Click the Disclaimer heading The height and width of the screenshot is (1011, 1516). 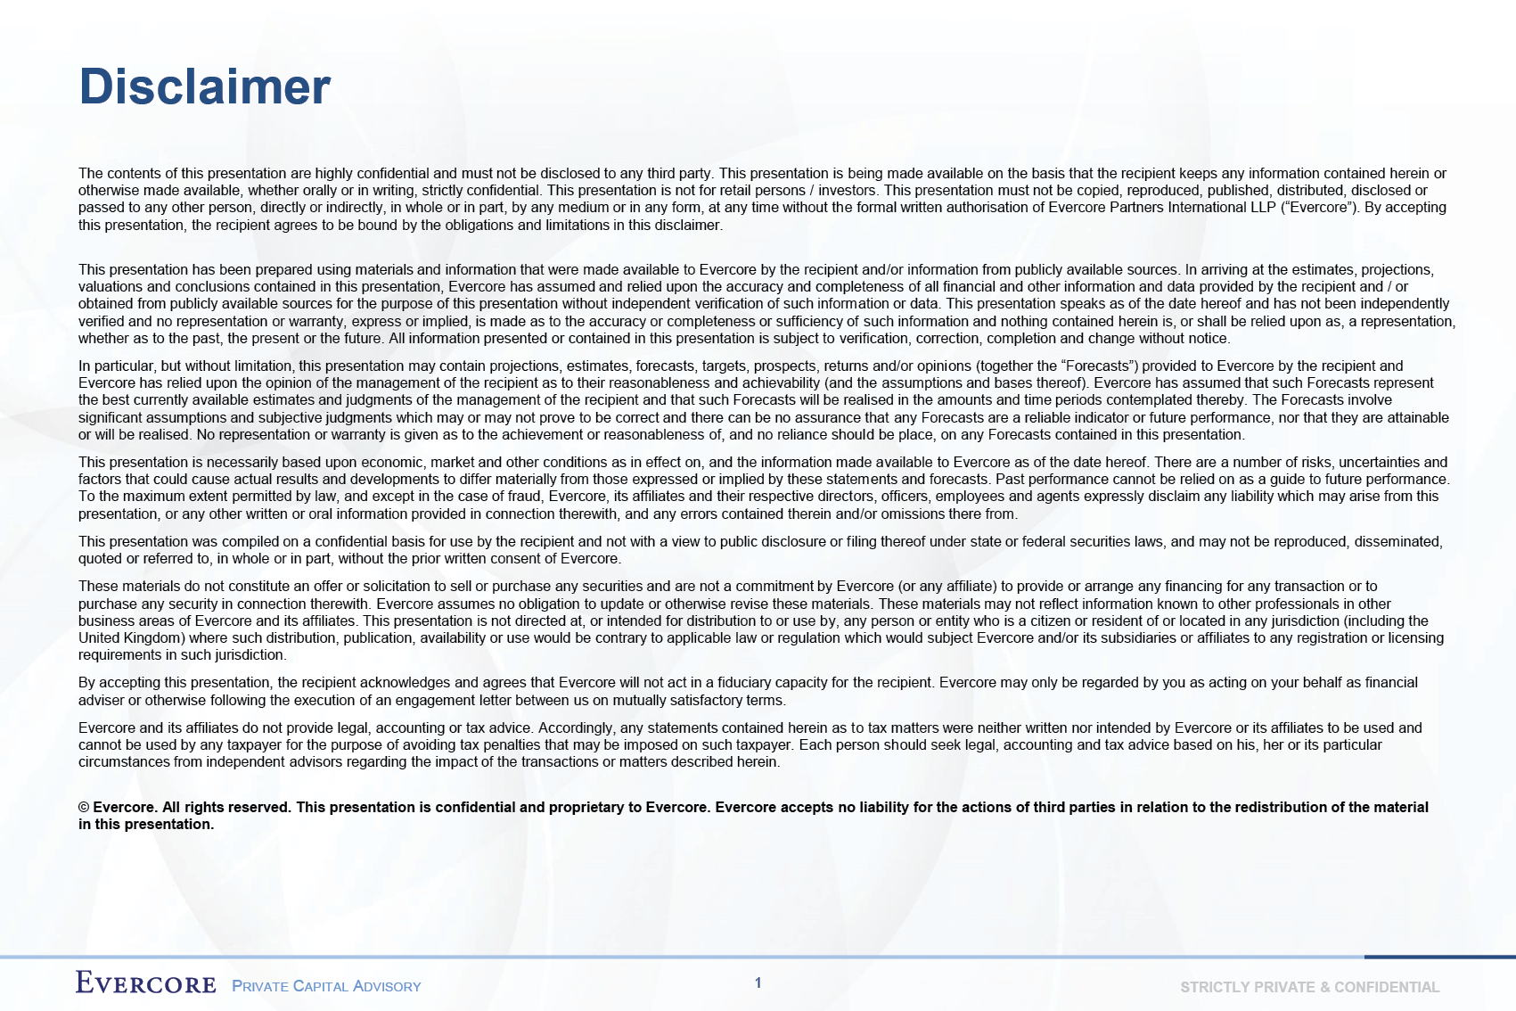[x=205, y=87]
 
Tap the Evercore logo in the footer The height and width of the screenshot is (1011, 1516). [x=146, y=983]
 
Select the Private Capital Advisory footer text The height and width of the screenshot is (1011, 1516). [x=326, y=986]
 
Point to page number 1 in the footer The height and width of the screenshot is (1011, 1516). [x=758, y=982]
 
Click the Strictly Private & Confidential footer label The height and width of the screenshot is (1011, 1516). [x=1309, y=987]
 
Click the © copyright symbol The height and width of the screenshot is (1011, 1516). [x=84, y=808]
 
